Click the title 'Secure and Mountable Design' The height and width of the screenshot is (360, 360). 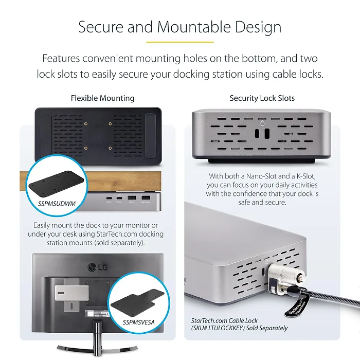tap(179, 27)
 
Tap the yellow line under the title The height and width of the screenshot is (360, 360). tap(179, 42)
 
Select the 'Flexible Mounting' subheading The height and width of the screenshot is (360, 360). tap(102, 98)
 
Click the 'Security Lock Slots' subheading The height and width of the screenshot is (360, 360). tap(262, 98)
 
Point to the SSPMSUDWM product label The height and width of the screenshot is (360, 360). tap(57, 204)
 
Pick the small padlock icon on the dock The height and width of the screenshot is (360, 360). tap(263, 123)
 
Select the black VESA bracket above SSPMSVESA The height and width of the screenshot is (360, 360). tap(137, 299)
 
